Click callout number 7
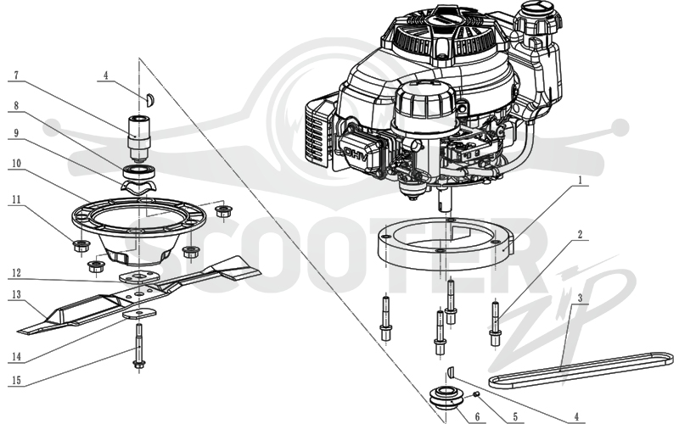coord(16,75)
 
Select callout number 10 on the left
coord(16,163)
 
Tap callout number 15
coord(16,380)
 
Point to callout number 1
coord(580,180)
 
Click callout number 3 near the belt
coord(580,298)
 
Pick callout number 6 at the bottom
coord(477,416)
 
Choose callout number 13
coord(16,294)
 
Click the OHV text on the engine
coord(356,154)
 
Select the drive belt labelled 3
coord(581,369)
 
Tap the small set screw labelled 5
coord(475,393)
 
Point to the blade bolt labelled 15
coord(139,349)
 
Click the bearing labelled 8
coord(138,171)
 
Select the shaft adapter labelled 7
coord(138,137)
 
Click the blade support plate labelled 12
coord(138,277)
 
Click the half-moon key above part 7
coord(150,99)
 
